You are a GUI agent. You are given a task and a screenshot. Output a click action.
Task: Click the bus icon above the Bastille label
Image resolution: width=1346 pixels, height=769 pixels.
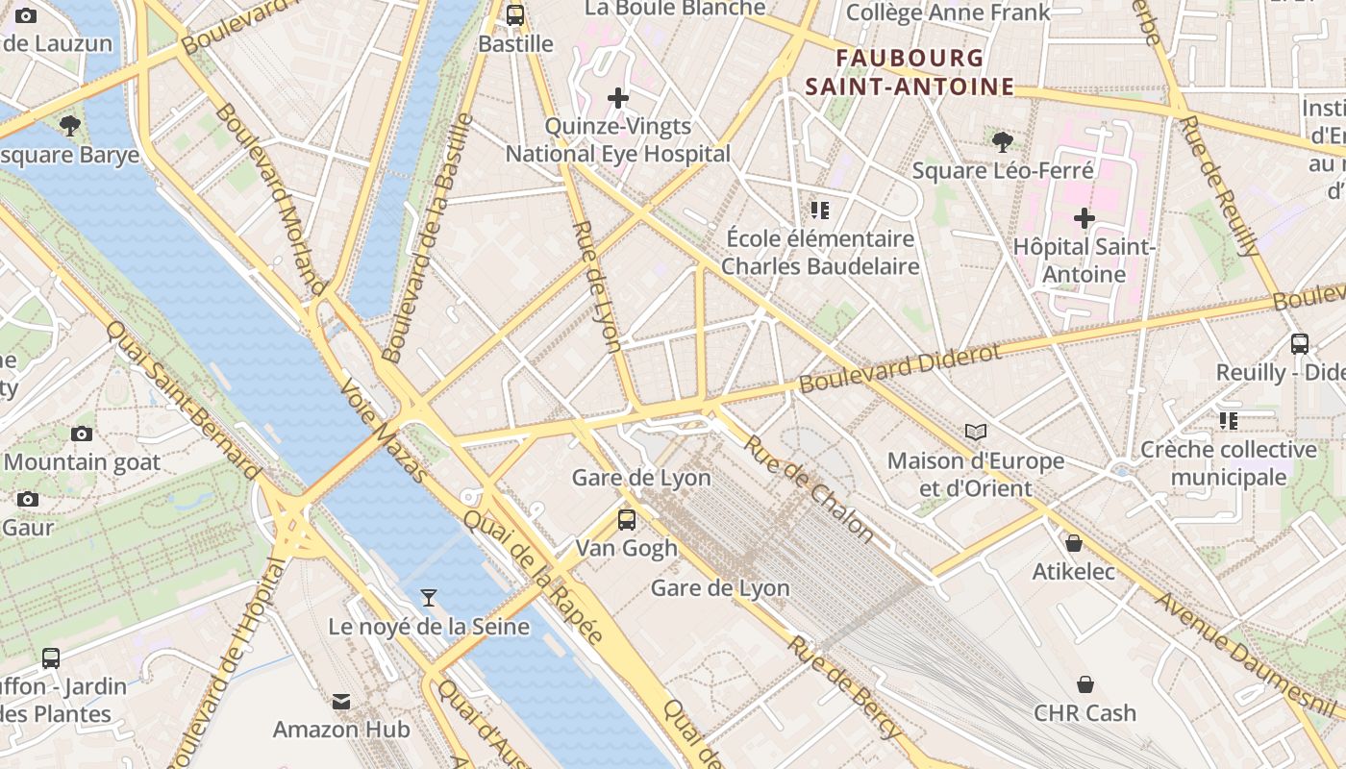[x=515, y=15]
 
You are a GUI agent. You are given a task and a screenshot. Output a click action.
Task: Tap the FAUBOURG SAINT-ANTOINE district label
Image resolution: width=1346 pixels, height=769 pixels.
[x=910, y=73]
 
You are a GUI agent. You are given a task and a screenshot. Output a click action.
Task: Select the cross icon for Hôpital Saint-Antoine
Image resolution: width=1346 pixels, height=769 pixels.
[x=1084, y=218]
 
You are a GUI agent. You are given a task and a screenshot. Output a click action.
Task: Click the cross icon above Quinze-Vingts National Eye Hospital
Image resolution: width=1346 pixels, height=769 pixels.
[x=618, y=98]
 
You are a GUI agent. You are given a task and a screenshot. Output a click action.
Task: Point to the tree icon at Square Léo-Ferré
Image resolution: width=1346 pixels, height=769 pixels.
[x=1002, y=143]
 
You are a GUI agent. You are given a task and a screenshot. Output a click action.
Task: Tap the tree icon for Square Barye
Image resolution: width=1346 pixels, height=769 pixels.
[x=69, y=125]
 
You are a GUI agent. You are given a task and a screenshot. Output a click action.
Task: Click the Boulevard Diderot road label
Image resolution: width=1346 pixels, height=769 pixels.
[x=900, y=368]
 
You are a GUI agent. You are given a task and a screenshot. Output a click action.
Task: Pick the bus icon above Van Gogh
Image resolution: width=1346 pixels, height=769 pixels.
[x=627, y=520]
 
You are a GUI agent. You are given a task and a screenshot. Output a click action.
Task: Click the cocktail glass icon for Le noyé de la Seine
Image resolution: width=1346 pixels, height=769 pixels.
[x=429, y=599]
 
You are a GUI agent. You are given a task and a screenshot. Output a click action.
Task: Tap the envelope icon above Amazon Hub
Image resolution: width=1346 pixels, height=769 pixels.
[x=341, y=702]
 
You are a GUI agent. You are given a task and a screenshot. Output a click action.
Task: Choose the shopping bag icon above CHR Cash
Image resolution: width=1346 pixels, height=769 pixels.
[x=1084, y=684]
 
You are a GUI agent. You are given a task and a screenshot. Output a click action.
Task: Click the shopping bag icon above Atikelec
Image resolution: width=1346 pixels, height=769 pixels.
[x=1074, y=544]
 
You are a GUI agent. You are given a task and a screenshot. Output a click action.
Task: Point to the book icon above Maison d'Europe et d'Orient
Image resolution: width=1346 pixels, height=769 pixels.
[x=976, y=433]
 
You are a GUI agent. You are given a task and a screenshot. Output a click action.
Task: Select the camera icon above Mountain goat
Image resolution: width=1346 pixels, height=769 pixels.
[x=82, y=434]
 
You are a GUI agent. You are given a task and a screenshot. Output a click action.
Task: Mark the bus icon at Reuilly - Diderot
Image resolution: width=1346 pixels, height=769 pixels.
[x=1300, y=344]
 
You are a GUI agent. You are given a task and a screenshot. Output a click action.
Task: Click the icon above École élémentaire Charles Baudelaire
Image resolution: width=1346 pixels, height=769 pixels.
[x=820, y=210]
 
